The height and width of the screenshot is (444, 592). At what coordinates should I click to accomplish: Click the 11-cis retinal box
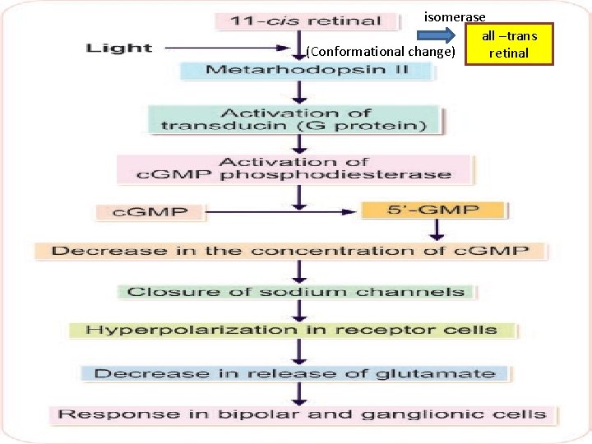(x=298, y=21)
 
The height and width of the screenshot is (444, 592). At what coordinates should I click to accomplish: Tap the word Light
(x=119, y=48)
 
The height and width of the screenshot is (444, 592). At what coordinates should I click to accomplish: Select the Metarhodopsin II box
(x=295, y=70)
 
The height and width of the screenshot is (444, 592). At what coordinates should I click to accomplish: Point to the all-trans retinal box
(x=509, y=44)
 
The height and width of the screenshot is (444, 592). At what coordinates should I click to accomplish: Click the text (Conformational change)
(x=381, y=52)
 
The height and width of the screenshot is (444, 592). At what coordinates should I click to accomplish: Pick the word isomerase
(x=455, y=16)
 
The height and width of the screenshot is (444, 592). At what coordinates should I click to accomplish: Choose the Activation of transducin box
(x=295, y=119)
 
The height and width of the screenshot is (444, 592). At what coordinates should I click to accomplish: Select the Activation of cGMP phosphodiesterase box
(x=295, y=169)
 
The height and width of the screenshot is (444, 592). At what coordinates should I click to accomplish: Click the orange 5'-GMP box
(x=432, y=210)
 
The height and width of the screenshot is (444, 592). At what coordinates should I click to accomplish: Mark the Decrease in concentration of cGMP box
(x=289, y=251)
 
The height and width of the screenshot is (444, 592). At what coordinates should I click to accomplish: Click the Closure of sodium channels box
(x=295, y=291)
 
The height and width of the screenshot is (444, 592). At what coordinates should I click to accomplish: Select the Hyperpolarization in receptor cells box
(x=291, y=331)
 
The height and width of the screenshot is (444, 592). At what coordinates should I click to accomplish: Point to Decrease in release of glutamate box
(x=294, y=373)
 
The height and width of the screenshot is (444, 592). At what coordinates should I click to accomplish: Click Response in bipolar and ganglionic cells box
(x=302, y=414)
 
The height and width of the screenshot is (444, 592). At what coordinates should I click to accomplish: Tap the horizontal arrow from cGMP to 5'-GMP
(x=280, y=212)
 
